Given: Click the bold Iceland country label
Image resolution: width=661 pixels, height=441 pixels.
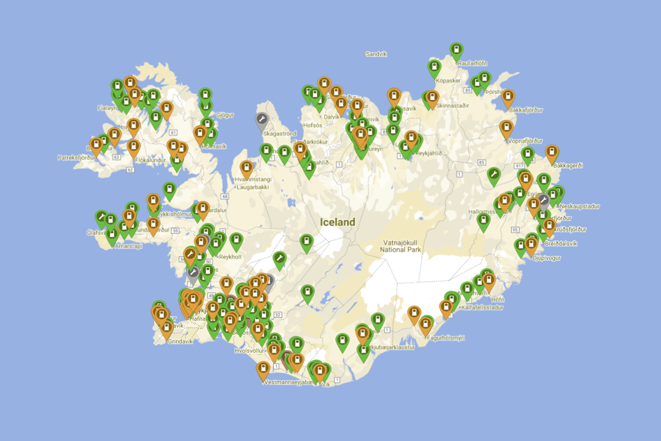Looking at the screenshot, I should coord(337,222).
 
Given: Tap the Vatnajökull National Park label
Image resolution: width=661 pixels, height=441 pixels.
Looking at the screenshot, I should coord(401,246).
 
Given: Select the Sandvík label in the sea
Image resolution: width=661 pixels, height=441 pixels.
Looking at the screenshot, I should coord(376,54).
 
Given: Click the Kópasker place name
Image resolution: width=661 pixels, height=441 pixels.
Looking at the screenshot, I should coord(448,81).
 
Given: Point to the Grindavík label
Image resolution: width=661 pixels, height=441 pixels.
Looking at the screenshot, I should coord(180,341).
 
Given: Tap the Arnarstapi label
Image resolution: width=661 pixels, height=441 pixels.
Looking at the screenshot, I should coord(129,246).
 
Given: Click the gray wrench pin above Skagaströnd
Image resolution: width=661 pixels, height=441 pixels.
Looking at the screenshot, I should coord(262,121).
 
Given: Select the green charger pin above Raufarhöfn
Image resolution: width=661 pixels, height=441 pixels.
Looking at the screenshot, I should coord(456,50).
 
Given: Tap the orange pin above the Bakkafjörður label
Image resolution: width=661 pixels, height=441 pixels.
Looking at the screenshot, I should coord(508,97).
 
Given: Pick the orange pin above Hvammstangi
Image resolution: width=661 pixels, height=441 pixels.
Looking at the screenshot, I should coord(247,168).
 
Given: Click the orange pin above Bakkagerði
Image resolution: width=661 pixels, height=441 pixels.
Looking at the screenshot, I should coord(551,153).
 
